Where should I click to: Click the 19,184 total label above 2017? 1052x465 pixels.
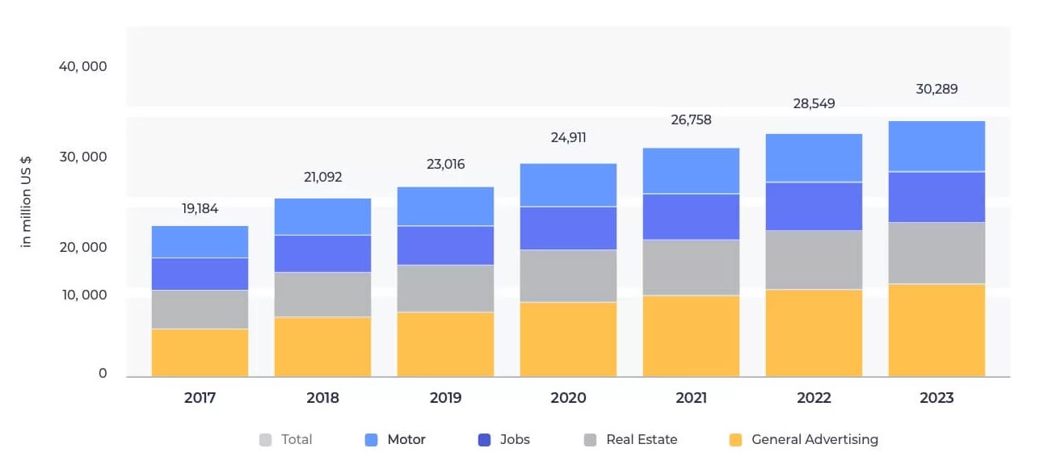pos(200,208)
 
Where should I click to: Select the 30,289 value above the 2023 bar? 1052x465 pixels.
pos(936,89)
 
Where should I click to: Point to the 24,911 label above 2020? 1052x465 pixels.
pos(568,137)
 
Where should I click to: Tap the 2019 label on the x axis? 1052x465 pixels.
pos(445,398)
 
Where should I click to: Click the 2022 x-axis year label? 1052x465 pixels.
pos(814,398)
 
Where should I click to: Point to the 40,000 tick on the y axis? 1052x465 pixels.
pos(82,67)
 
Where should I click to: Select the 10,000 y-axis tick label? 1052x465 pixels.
pos(85,295)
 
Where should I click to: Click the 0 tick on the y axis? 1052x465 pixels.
pos(103,373)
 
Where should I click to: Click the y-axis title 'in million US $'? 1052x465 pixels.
pos(26,202)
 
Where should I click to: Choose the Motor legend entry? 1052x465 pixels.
pos(395,440)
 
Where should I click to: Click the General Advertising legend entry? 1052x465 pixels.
pos(804,440)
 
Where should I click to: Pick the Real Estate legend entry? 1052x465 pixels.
pos(630,440)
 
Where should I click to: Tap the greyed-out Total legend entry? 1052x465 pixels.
pos(285,440)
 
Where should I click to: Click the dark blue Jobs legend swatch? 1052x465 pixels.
pos(484,440)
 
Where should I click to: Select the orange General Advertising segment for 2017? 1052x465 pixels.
pos(200,353)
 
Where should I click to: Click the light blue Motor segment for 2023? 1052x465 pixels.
pos(936,146)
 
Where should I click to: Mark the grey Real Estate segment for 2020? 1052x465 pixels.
pos(568,276)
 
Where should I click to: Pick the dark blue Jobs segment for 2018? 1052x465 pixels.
pos(322,253)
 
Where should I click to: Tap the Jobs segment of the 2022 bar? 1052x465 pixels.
pos(814,206)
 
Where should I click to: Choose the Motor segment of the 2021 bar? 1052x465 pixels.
pos(691,171)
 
